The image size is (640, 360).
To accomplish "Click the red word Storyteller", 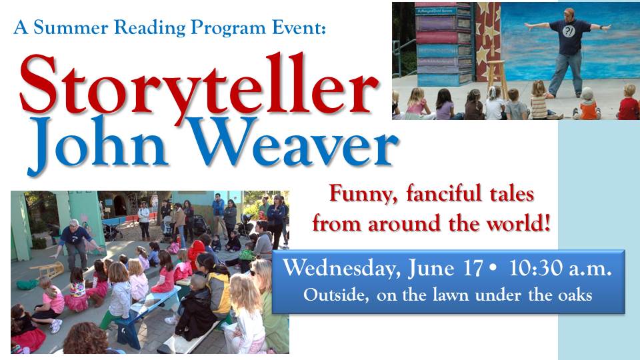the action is [x=199, y=84].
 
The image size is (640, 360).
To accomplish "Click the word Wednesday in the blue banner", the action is [x=342, y=269].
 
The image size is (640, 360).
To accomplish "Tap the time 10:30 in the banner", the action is [x=535, y=268].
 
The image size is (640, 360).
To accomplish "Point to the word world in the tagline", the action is [x=518, y=223].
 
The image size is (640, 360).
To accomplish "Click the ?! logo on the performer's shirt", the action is [x=569, y=31].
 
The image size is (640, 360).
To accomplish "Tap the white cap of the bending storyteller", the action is [x=73, y=222].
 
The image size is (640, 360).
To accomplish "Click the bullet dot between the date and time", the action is [x=493, y=269].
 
